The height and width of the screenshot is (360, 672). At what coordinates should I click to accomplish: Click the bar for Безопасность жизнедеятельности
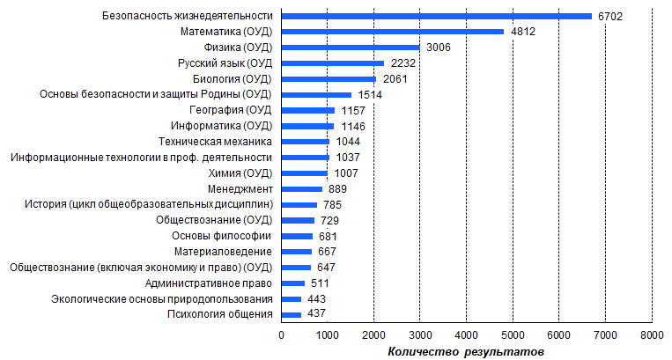[x=436, y=16]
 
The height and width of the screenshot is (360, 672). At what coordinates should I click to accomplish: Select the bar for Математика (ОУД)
[x=393, y=32]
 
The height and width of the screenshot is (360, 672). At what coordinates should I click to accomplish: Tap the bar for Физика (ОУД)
[x=351, y=48]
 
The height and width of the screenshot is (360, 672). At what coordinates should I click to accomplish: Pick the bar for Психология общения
[x=292, y=314]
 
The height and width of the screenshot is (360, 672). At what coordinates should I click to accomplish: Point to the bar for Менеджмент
[x=302, y=188]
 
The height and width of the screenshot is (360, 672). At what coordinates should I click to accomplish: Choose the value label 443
[x=318, y=298]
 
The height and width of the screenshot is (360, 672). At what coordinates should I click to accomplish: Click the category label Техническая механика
[x=216, y=142]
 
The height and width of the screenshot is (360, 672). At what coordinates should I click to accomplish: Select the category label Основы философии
[x=222, y=236]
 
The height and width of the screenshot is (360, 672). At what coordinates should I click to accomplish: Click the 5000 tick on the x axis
[x=513, y=335]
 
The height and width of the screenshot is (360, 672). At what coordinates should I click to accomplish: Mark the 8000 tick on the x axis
[x=652, y=335]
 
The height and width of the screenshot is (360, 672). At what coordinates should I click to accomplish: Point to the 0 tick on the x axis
[x=282, y=335]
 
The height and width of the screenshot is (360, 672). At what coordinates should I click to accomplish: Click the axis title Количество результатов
[x=466, y=352]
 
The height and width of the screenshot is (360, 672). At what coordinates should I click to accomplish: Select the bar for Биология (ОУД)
[x=329, y=79]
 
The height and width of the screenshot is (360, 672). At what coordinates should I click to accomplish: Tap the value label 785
[x=333, y=204]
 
